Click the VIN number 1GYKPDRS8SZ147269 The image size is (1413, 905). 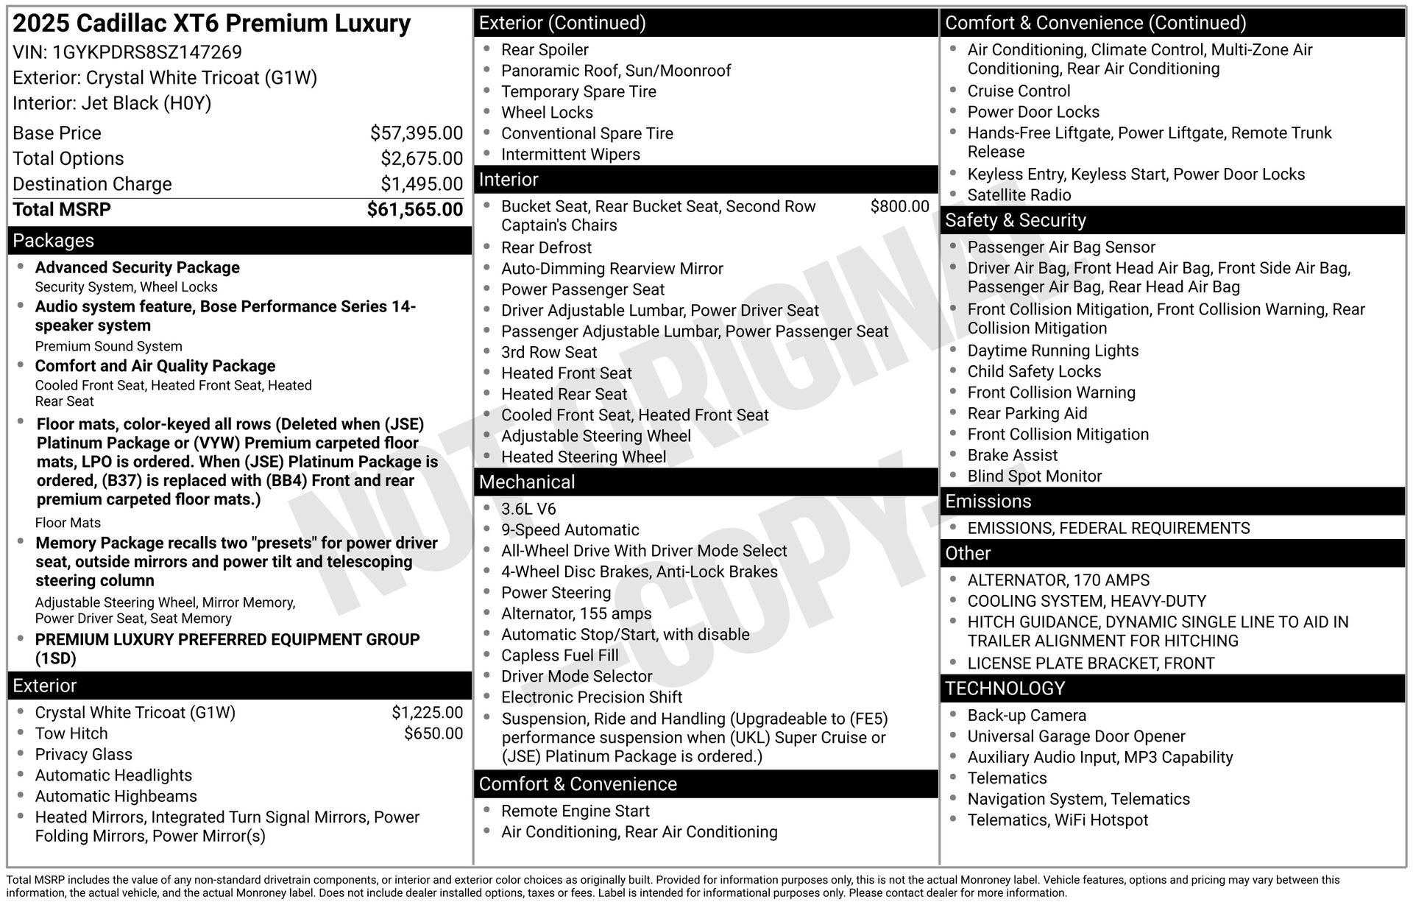[x=146, y=52]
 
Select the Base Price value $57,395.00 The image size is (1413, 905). [x=416, y=133]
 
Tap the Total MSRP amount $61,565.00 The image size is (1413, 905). [x=414, y=210]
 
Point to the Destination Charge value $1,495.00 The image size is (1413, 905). [x=421, y=184]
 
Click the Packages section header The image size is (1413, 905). [x=54, y=241]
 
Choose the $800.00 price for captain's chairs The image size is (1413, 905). [x=899, y=206]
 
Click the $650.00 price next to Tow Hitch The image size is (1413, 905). [x=433, y=733]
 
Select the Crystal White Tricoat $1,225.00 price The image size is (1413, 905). [x=427, y=713]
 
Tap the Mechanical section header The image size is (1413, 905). [x=527, y=482]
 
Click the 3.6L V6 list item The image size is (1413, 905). [x=528, y=509]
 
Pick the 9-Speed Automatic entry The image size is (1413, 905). [x=570, y=530]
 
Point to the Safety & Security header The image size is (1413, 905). [x=1015, y=220]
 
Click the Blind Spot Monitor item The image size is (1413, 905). [x=1034, y=476]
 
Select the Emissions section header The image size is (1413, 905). [x=988, y=501]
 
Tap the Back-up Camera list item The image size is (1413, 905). [x=1026, y=716]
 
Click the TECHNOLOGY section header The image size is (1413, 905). [x=1005, y=689]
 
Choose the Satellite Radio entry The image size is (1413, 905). [x=1019, y=195]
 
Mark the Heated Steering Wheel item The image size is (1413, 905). [x=583, y=457]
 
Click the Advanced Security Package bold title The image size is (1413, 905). [x=138, y=267]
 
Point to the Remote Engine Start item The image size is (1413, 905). [x=575, y=811]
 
